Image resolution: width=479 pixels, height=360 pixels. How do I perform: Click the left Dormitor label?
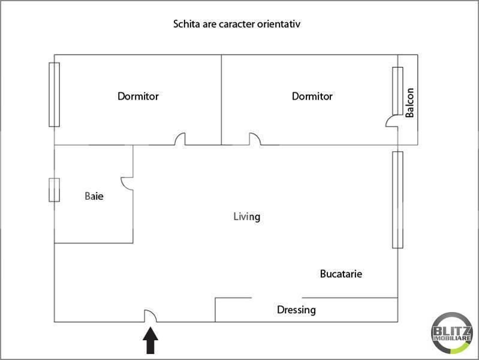tap(138, 96)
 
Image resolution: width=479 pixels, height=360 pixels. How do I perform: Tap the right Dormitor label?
tap(312, 96)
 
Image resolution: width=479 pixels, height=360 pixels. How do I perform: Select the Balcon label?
tap(410, 103)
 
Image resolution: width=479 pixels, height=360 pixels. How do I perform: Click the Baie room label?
tap(94, 196)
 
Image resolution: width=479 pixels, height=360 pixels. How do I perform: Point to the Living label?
tap(246, 216)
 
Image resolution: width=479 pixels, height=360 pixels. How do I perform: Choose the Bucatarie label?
tap(341, 274)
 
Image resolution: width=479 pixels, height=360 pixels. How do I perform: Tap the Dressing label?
tap(296, 310)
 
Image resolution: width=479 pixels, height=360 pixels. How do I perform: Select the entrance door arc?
tap(150, 316)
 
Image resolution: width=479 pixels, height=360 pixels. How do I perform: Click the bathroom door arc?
tap(126, 182)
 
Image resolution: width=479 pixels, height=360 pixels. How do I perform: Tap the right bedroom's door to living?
tap(255, 139)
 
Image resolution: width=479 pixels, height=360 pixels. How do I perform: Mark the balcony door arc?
tap(391, 121)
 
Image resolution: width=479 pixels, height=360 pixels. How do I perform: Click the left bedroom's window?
tap(54, 94)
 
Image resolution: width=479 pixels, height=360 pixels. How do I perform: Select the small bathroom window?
tap(54, 190)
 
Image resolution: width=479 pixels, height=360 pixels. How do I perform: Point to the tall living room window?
tap(397, 199)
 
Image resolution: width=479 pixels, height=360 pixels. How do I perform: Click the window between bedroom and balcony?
tap(397, 91)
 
